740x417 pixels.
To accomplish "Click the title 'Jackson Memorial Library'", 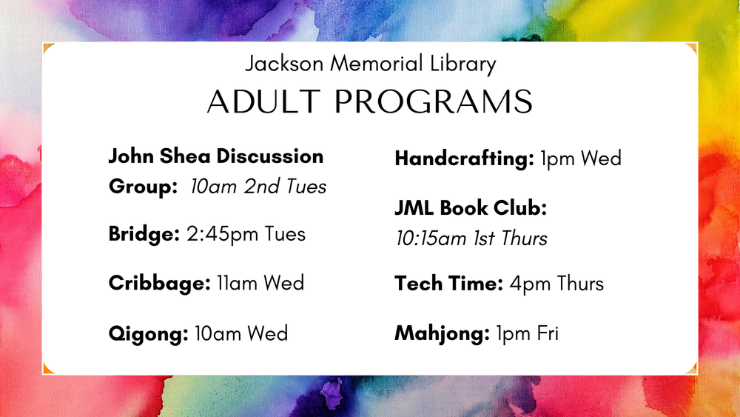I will [x=370, y=64].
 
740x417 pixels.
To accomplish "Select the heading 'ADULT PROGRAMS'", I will [x=370, y=101].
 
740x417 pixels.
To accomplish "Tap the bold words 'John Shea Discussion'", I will [x=216, y=157].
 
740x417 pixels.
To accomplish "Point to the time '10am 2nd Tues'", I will [x=258, y=187].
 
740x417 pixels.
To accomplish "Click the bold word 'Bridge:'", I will [x=144, y=234].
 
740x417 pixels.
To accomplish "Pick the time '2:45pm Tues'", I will [x=246, y=234].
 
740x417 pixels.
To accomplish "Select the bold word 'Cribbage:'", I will [x=159, y=283].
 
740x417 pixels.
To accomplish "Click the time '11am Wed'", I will [x=260, y=283].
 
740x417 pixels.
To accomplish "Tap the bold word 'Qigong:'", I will [x=148, y=333].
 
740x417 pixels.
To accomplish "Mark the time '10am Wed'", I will [x=241, y=333].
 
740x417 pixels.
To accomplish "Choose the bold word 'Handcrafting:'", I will [x=464, y=159].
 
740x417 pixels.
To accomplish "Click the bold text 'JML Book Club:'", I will [x=471, y=209].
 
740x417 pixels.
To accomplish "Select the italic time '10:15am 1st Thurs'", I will [x=471, y=238].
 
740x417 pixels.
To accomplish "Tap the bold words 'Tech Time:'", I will [x=449, y=284].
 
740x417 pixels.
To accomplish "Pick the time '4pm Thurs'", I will [x=556, y=284].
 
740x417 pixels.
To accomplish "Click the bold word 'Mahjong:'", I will [x=443, y=334].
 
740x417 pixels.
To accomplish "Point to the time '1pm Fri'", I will [x=527, y=334].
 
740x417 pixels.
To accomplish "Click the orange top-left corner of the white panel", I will [x=47, y=48].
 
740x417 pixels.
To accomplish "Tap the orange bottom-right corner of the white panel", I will [x=693, y=370].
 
